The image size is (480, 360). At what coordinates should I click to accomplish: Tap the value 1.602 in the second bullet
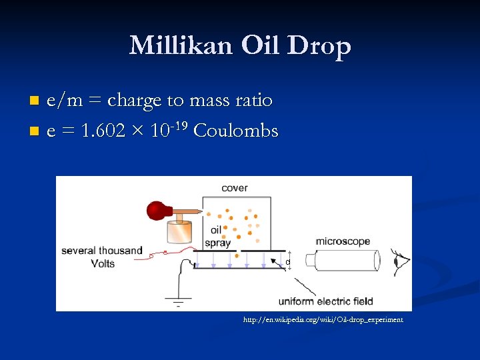pyautogui.click(x=103, y=131)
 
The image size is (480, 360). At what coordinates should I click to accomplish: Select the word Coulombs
pyautogui.click(x=235, y=131)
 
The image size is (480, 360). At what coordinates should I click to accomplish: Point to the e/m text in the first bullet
pyautogui.click(x=62, y=101)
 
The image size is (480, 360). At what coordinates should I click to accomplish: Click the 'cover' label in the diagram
pyautogui.click(x=235, y=188)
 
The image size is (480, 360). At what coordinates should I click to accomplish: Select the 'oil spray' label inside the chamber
pyautogui.click(x=217, y=237)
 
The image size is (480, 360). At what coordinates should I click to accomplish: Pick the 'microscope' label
pyautogui.click(x=343, y=241)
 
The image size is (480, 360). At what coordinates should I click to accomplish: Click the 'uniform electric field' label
pyautogui.click(x=325, y=301)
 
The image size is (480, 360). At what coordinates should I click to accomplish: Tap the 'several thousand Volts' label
pyautogui.click(x=102, y=257)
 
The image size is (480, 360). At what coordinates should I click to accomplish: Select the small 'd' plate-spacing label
pyautogui.click(x=288, y=262)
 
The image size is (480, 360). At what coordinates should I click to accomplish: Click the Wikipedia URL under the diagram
pyautogui.click(x=323, y=320)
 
